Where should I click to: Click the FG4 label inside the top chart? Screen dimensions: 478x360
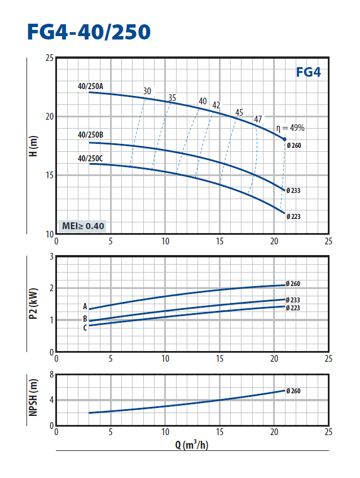[x=308, y=72]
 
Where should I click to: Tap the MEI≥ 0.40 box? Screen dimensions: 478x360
[x=83, y=226]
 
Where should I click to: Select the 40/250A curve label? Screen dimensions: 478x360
[x=90, y=86]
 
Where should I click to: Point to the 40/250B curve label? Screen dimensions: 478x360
[x=90, y=135]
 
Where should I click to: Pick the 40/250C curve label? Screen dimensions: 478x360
[x=90, y=158]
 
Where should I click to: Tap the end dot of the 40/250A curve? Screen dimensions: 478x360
[x=284, y=139]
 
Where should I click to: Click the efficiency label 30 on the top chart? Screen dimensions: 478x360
[x=147, y=91]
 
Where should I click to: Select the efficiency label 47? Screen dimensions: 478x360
[x=258, y=119]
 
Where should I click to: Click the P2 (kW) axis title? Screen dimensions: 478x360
[x=33, y=304]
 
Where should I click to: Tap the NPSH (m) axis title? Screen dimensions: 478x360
[x=33, y=400]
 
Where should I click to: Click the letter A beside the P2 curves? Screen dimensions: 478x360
[x=85, y=307]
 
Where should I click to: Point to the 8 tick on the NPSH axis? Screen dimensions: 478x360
[x=51, y=375]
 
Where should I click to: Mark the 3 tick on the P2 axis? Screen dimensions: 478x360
[x=51, y=257]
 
